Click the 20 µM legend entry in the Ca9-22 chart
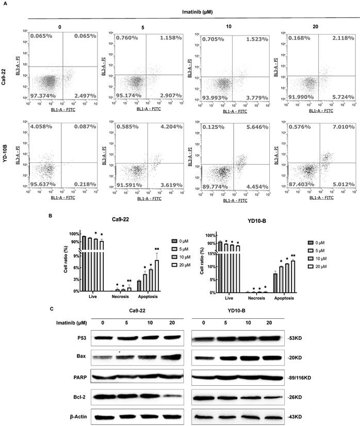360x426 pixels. (180, 266)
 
